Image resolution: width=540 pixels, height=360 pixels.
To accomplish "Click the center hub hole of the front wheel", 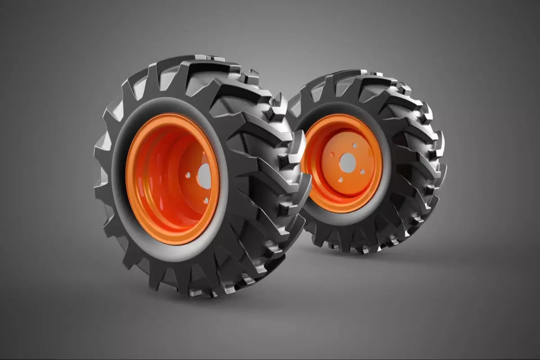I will click(205, 176).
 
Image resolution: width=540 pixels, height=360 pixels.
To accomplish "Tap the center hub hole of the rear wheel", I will click(347, 162).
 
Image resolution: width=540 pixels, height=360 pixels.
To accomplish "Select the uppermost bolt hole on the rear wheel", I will click(355, 145).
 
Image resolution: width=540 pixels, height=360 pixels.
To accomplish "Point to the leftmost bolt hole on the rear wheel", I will click(332, 154).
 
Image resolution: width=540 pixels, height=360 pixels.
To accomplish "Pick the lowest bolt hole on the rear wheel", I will click(341, 180).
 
